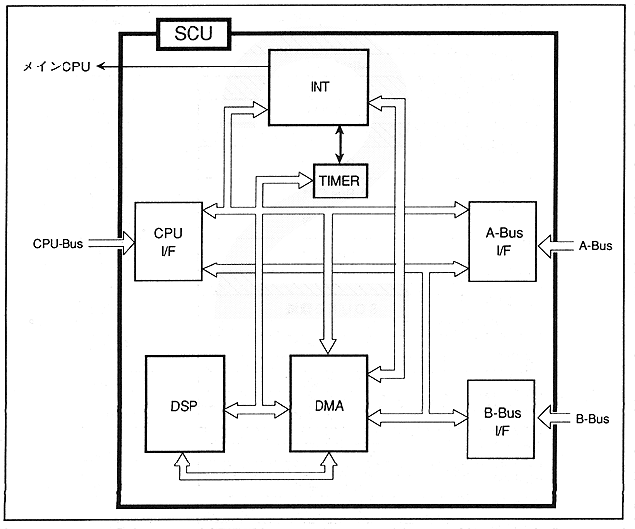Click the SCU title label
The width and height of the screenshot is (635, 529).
[x=193, y=32]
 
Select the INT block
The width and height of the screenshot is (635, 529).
[x=319, y=87]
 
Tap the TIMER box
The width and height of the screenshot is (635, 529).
[x=340, y=181]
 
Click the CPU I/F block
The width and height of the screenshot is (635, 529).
[x=168, y=240]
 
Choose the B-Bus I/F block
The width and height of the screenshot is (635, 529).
[x=501, y=419]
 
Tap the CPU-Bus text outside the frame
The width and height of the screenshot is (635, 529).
[x=57, y=242]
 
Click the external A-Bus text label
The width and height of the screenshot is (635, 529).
[x=595, y=242]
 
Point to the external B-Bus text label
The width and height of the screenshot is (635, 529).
[x=593, y=418]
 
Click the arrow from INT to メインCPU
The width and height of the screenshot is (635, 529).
[x=184, y=66]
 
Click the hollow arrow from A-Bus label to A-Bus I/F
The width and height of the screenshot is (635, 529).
[x=552, y=242]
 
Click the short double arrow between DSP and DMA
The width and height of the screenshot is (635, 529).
[x=258, y=408]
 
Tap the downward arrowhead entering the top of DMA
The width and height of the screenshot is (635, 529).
[x=327, y=342]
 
